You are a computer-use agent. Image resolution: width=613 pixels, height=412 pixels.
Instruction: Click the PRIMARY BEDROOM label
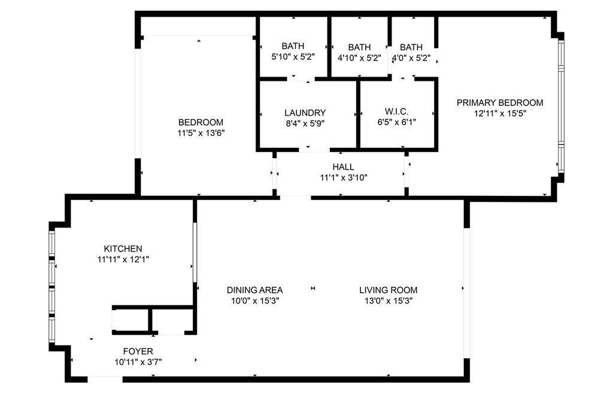click(500, 102)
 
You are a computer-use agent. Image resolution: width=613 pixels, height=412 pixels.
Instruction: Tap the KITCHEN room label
click(123, 249)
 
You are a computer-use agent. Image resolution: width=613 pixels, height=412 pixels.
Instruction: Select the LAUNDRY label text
click(305, 113)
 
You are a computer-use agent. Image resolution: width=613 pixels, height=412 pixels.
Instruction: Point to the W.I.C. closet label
click(397, 111)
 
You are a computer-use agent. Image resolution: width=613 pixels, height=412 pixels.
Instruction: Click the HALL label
click(343, 166)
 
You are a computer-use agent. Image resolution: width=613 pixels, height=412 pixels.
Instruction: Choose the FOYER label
click(138, 351)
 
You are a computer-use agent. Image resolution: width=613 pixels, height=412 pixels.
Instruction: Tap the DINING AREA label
click(254, 290)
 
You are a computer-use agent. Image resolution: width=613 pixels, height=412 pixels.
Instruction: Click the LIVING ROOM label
click(388, 290)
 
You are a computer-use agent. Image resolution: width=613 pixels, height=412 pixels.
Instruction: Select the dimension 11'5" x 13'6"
click(201, 133)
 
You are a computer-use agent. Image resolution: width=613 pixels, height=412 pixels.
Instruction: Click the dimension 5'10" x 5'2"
click(293, 57)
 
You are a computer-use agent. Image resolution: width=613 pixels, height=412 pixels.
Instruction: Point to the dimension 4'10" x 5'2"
click(359, 57)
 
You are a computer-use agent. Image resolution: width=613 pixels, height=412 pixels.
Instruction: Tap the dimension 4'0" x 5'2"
click(411, 57)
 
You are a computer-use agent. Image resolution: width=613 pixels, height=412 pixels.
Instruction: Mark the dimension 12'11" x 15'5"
click(500, 113)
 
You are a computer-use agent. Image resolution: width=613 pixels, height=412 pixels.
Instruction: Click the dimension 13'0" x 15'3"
click(388, 301)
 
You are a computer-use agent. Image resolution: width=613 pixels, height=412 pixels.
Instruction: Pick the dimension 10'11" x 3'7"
click(138, 362)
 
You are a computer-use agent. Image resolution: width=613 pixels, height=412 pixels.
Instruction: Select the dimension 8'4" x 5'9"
click(305, 123)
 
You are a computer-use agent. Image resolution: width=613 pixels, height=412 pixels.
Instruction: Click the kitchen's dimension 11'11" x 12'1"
click(123, 259)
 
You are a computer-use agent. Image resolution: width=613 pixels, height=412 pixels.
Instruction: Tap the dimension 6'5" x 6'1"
click(397, 122)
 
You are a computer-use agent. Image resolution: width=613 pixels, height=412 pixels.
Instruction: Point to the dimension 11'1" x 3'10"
click(343, 177)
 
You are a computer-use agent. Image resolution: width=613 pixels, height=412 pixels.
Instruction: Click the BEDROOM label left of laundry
click(201, 122)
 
